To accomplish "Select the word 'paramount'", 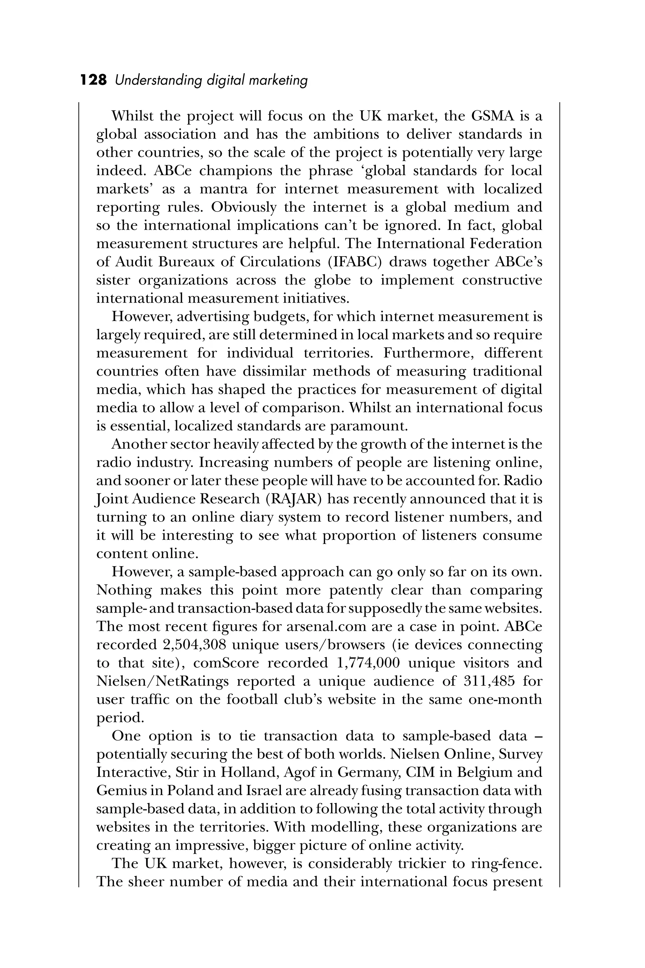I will coord(368,426).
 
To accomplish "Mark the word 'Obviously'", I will coord(243,207).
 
